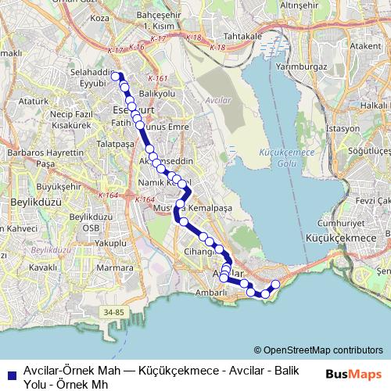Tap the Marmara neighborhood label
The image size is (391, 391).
[x=115, y=267]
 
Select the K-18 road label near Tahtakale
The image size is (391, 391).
[x=219, y=48]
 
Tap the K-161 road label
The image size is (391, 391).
[x=156, y=78]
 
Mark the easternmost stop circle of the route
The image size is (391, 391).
[x=275, y=285]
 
